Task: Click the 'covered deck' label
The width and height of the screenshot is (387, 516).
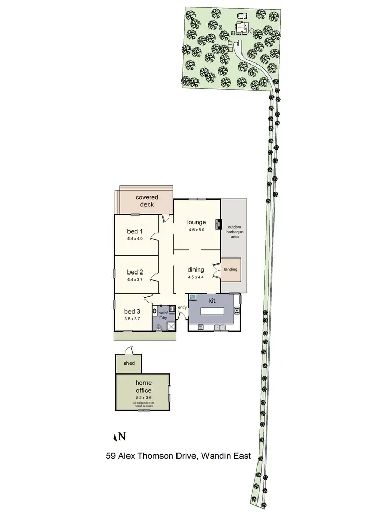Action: (x=147, y=201)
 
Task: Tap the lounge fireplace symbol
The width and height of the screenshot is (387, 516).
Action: (x=219, y=224)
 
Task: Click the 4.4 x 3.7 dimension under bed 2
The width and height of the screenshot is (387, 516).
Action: (x=135, y=279)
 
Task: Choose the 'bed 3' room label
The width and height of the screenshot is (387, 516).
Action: (x=133, y=311)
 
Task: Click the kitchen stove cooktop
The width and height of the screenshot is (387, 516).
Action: (x=237, y=310)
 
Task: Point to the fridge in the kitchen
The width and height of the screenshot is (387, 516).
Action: (x=192, y=297)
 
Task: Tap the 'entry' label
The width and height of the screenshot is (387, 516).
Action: (x=182, y=308)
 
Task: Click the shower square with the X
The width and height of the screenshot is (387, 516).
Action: (x=167, y=325)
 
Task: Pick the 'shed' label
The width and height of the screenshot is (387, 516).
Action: (x=129, y=364)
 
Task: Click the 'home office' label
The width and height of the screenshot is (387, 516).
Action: (x=143, y=386)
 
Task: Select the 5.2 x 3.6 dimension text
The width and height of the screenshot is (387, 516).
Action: (x=143, y=398)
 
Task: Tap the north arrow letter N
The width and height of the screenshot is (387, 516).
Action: (x=122, y=437)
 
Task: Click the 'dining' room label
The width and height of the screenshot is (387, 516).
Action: (x=196, y=269)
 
